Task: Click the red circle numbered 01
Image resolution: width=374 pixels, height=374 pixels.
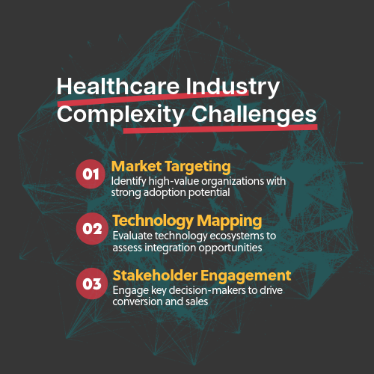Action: [x=91, y=174]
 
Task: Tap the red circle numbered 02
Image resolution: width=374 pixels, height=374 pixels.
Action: [x=91, y=229]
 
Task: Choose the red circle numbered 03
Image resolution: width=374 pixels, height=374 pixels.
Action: [x=91, y=283]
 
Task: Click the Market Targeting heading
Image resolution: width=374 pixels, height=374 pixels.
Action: [x=171, y=166]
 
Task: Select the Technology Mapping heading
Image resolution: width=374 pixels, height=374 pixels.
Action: [x=187, y=221]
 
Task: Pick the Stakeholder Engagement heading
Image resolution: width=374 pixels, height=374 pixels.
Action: [x=201, y=275]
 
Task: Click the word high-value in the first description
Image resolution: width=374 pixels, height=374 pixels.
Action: [x=161, y=182]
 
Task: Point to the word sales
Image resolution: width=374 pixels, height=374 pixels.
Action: [x=192, y=301]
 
